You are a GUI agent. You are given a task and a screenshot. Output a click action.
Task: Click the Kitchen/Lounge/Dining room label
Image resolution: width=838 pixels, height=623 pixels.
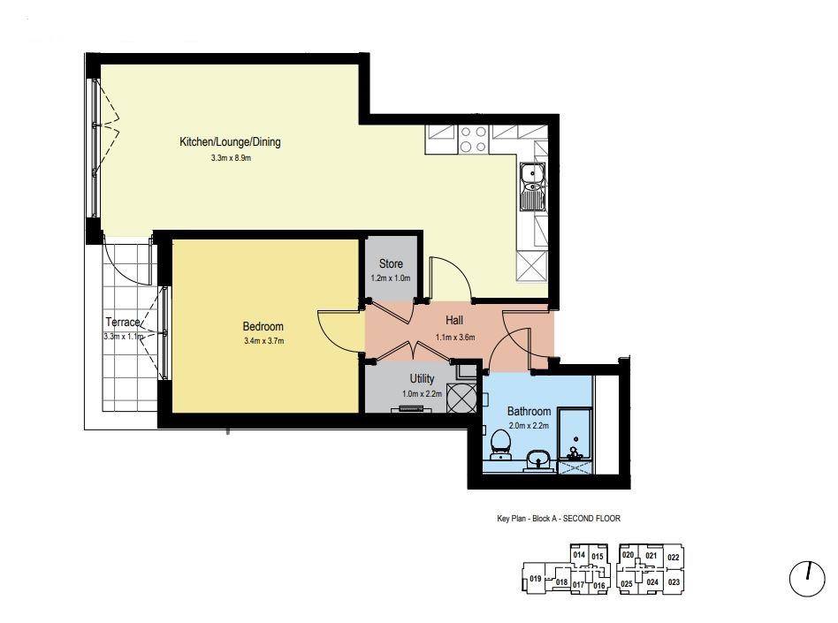click(x=230, y=142)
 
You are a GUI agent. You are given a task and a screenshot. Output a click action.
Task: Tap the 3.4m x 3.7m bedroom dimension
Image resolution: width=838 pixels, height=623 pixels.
click(x=263, y=341)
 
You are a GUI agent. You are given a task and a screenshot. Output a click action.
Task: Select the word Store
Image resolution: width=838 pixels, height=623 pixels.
click(x=391, y=263)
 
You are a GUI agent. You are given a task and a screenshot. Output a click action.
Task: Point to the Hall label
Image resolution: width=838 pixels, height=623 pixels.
click(x=454, y=320)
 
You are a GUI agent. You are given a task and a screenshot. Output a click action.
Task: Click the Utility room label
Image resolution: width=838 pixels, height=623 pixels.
click(x=422, y=379)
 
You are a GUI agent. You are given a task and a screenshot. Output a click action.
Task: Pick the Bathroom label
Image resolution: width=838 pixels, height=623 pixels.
click(x=529, y=412)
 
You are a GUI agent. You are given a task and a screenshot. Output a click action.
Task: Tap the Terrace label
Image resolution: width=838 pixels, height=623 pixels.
click(x=123, y=323)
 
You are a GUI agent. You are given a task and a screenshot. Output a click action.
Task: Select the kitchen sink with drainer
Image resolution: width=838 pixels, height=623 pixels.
click(x=533, y=186)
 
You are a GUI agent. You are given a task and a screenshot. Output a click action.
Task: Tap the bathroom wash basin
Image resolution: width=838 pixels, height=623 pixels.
click(x=537, y=460)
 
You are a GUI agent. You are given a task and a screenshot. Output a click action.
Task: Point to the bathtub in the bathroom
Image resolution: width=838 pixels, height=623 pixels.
click(x=575, y=434)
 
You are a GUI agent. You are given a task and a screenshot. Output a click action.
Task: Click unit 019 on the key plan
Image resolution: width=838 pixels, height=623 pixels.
click(x=535, y=579)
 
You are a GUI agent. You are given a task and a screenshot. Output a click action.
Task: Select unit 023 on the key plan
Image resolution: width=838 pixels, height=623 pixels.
click(x=674, y=581)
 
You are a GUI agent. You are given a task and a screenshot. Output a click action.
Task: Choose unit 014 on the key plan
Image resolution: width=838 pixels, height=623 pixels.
click(x=579, y=555)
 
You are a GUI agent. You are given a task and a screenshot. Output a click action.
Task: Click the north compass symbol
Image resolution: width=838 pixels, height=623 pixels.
click(x=807, y=578)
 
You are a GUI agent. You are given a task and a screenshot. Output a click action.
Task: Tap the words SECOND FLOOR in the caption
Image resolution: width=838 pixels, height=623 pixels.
click(x=591, y=518)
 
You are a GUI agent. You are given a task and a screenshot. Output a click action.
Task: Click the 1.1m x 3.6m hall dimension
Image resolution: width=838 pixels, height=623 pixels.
click(x=455, y=338)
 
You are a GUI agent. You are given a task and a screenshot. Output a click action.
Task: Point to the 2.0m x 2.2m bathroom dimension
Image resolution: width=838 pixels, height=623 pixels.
click(x=529, y=426)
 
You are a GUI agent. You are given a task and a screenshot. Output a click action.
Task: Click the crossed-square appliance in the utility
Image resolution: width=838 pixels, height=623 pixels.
click(x=461, y=398)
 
